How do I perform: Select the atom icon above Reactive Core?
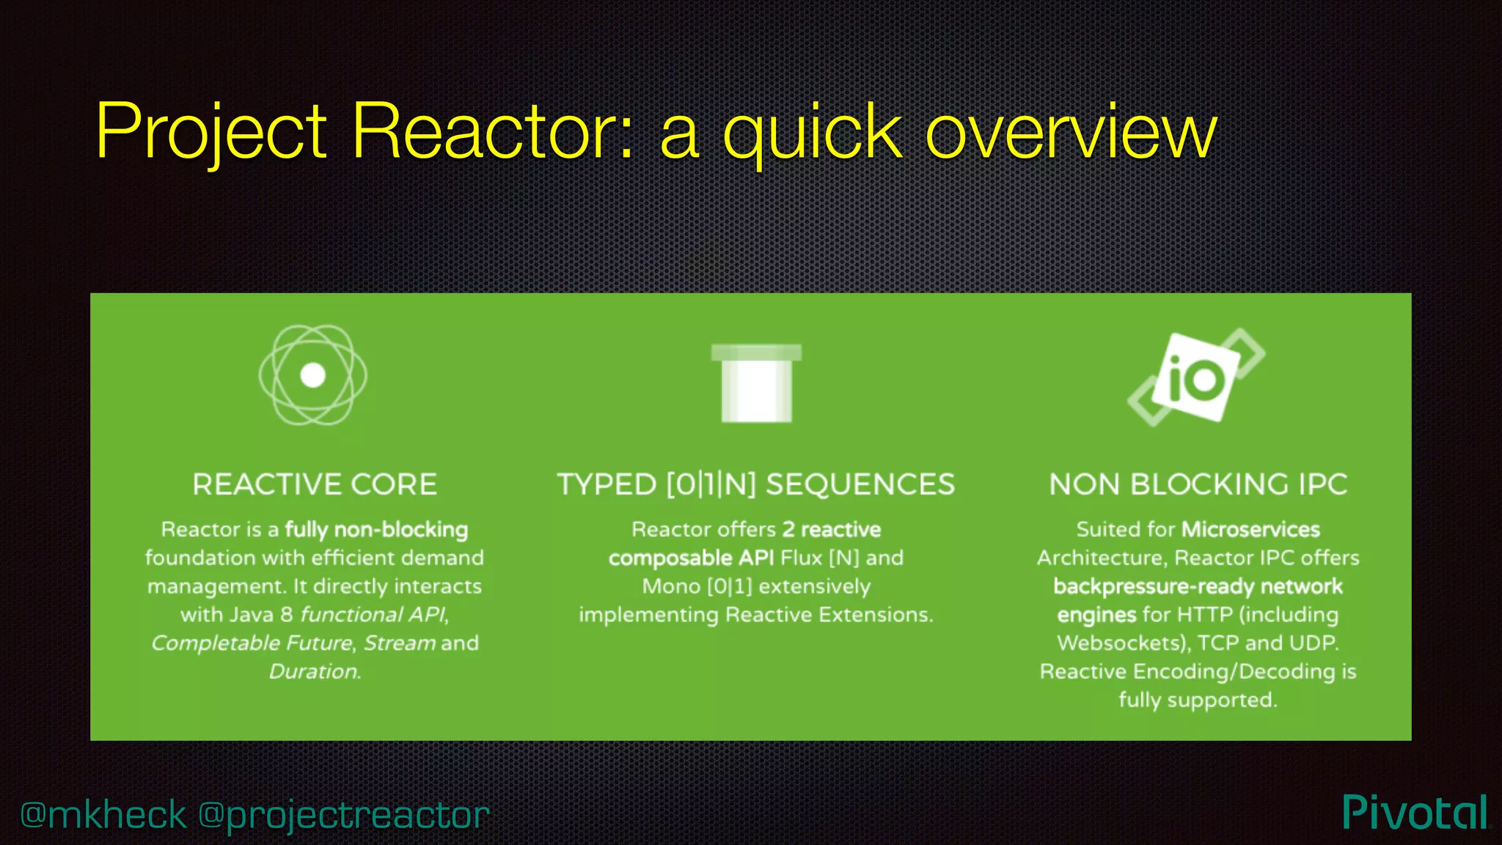point(313,375)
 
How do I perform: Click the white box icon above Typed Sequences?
point(756,383)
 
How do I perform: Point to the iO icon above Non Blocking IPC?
point(1196,376)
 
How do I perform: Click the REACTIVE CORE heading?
point(315,485)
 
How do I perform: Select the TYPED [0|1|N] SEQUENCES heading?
point(756,485)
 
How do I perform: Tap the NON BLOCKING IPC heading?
point(1198,485)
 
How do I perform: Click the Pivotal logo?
point(1415,813)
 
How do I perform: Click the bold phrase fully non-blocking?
point(376,530)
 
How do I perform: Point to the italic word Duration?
point(315,672)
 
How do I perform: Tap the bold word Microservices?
point(1251,530)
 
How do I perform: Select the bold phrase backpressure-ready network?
point(1198,587)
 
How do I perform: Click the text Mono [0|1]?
point(697,587)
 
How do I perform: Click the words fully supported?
point(1198,700)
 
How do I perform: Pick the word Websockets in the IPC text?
point(1121,643)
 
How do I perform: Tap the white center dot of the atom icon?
point(313,375)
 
